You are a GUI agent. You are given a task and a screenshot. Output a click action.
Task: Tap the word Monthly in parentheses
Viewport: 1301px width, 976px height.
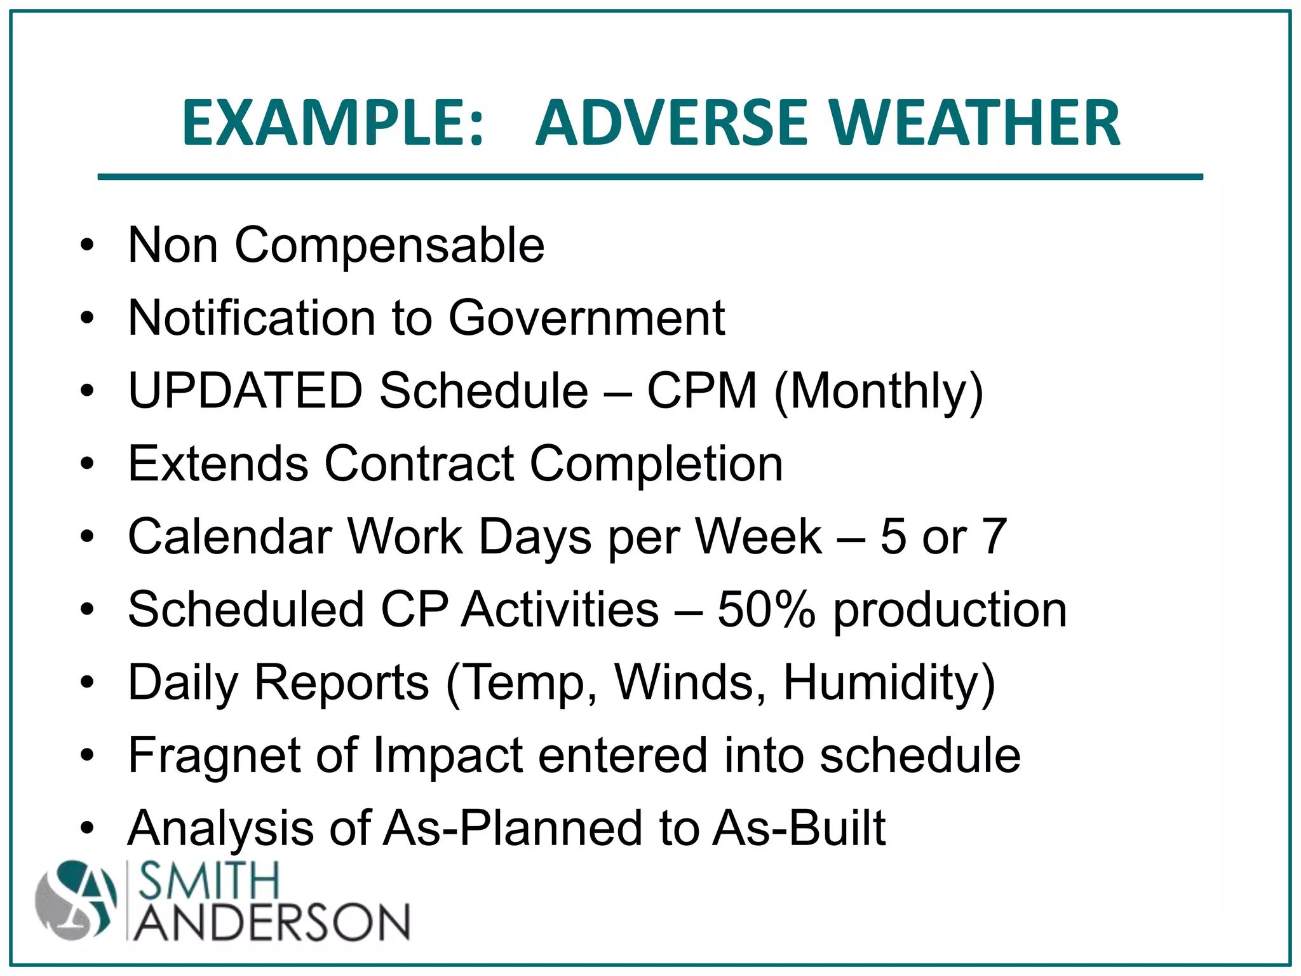880,391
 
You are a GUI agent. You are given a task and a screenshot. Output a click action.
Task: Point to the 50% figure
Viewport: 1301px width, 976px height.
766,609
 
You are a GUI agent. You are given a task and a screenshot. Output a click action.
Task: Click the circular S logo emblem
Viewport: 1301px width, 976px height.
76,900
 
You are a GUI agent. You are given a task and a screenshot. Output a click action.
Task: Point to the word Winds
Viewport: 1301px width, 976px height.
690,682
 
